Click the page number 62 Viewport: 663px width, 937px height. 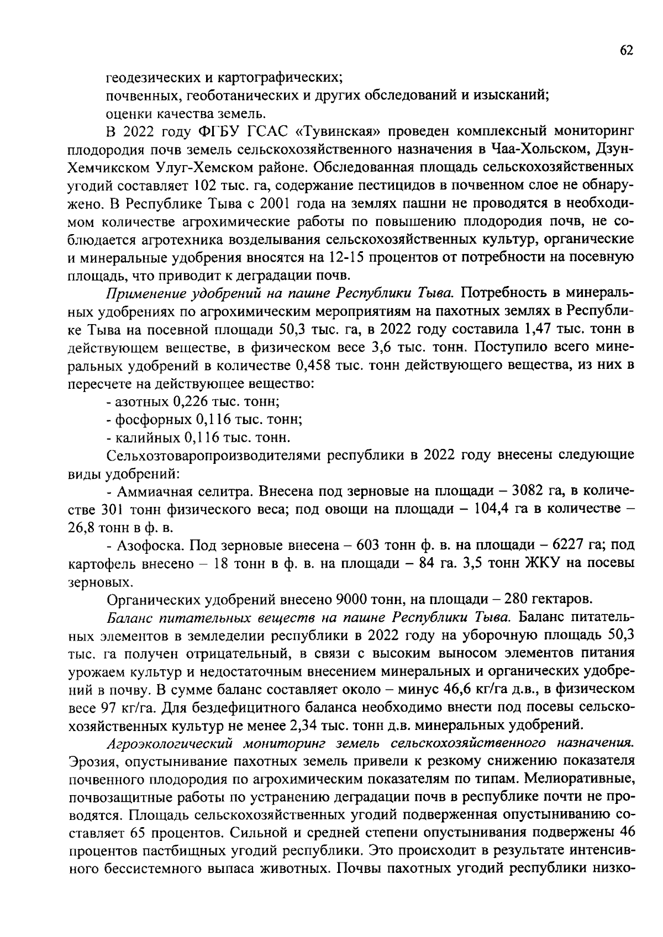[627, 51]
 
